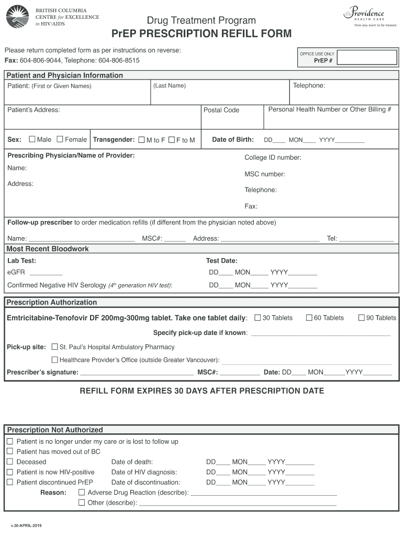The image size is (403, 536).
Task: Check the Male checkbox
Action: tap(32, 139)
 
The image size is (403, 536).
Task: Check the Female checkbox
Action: tap(60, 139)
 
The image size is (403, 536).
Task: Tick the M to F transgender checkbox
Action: tap(141, 140)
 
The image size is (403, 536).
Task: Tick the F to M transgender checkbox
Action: tap(171, 140)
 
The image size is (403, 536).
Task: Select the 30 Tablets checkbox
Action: tap(258, 318)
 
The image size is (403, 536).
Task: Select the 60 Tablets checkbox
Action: tap(309, 318)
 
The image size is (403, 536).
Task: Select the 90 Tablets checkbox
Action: tap(361, 318)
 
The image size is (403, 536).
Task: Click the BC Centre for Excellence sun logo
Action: tap(17, 17)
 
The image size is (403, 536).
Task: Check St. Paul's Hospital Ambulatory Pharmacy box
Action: tap(55, 347)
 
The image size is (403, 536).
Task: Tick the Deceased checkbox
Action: tap(9, 462)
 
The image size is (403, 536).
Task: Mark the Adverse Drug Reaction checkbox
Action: tap(81, 493)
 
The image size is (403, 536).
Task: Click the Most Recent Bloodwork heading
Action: tap(48, 249)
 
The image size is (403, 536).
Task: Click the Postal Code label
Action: tap(221, 110)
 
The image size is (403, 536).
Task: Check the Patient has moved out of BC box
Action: tap(9, 451)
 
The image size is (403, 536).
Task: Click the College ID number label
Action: tap(273, 158)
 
